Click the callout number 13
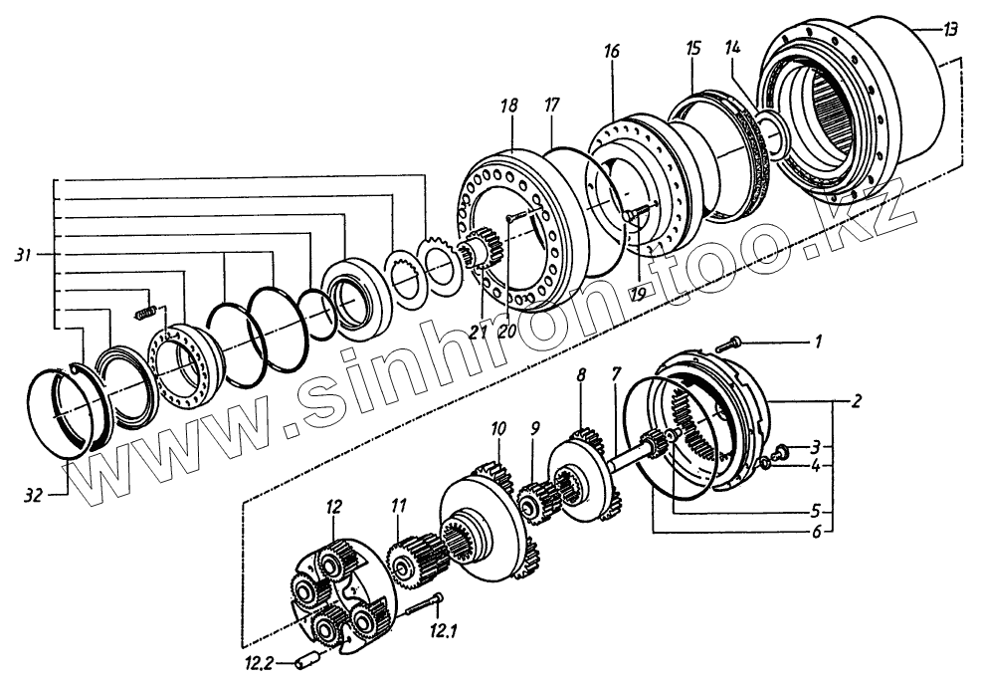click(x=951, y=31)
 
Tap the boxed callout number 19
click(x=639, y=291)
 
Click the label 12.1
click(x=443, y=629)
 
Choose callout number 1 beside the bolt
click(x=818, y=344)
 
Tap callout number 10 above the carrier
click(x=497, y=428)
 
